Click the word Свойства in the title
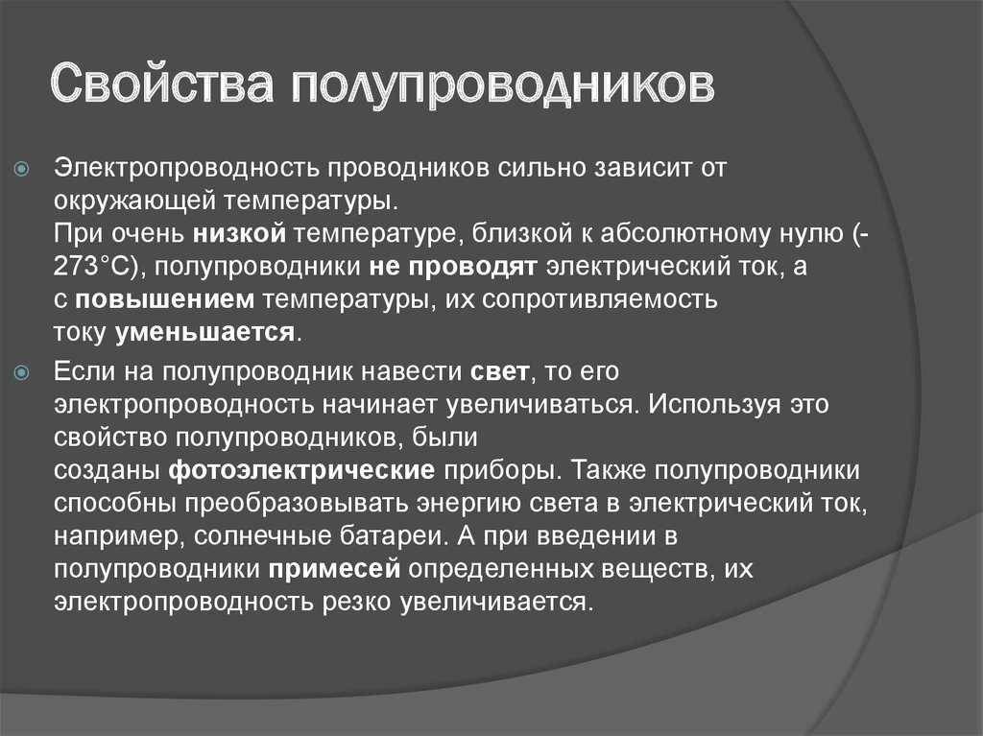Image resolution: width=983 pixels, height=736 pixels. pyautogui.click(x=161, y=83)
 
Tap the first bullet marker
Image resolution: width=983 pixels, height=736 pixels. pyautogui.click(x=22, y=169)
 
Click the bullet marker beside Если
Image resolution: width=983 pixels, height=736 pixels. pyautogui.click(x=22, y=373)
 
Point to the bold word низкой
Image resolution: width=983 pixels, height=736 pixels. pyautogui.click(x=239, y=233)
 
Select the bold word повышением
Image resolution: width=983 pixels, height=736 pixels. pyautogui.click(x=164, y=299)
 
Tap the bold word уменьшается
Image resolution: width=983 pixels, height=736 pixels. pyautogui.click(x=204, y=332)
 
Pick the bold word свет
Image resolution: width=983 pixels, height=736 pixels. pyautogui.click(x=499, y=371)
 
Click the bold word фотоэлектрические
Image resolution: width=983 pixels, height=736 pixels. pyautogui.click(x=301, y=470)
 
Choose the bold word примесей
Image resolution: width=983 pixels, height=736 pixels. pyautogui.click(x=334, y=569)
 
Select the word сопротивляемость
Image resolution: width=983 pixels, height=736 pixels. pyautogui.click(x=599, y=299)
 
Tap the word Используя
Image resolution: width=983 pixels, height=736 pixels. pyautogui.click(x=714, y=404)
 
